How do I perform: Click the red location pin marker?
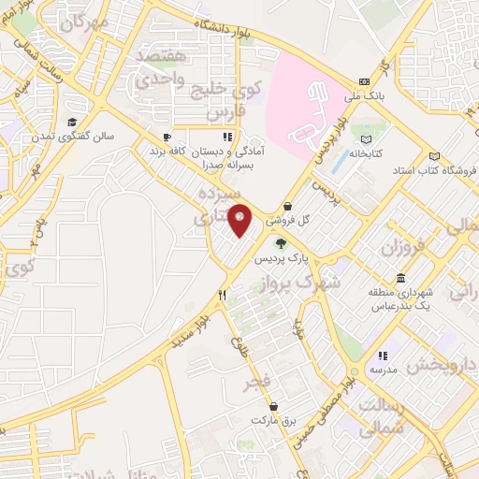240,220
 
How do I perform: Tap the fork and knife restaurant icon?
223,295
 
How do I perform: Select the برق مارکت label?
273,421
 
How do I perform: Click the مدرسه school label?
383,370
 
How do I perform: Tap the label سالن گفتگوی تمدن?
83,136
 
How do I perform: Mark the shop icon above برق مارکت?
273,406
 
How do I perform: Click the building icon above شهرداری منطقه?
401,279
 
